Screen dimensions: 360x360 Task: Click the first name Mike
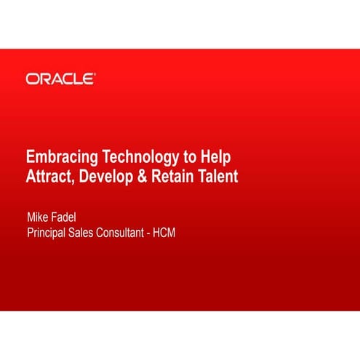point(39,217)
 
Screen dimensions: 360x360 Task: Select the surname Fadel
point(71,217)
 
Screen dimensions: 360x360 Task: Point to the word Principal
point(50,233)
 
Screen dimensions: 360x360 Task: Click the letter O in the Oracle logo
point(32,79)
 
